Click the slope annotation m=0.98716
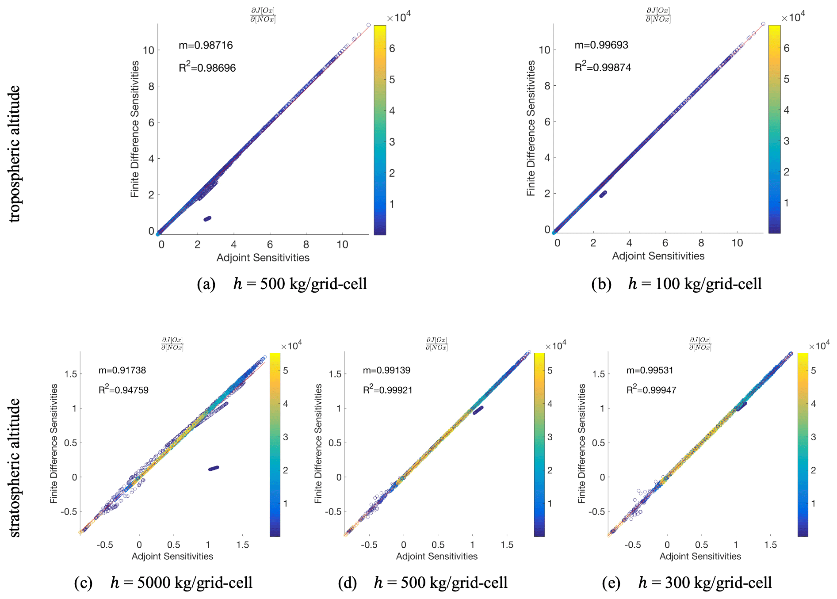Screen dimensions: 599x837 click(206, 45)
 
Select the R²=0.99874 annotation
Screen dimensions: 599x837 click(603, 67)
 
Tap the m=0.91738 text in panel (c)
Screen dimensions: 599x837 click(122, 370)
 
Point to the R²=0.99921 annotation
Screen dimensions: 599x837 click(387, 390)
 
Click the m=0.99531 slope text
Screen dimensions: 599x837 click(650, 370)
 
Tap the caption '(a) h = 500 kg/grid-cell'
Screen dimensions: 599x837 click(282, 284)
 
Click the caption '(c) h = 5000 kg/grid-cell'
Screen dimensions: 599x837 click(164, 583)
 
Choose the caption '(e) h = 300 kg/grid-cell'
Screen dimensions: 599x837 click(687, 583)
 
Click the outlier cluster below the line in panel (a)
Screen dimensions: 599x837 click(207, 218)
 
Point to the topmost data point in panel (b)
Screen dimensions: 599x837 click(763, 24)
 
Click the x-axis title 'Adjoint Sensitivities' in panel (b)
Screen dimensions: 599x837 click(658, 256)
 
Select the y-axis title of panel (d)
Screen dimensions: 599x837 click(318, 443)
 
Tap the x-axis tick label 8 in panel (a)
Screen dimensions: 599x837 click(306, 244)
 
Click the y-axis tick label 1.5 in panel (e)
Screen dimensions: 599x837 click(598, 374)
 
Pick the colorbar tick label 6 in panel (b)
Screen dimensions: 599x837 click(787, 48)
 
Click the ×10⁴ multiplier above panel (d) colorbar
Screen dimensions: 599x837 click(555, 346)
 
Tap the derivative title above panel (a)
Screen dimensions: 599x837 click(263, 15)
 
